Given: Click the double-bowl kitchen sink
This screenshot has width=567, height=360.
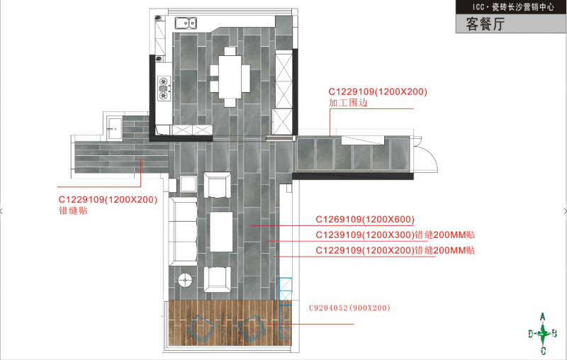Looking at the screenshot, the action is coord(186,23).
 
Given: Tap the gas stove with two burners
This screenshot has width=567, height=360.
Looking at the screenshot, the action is coord(164,88).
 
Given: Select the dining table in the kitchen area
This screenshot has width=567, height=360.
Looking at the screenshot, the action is coord(230,77).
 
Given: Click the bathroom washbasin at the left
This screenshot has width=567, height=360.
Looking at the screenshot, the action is coord(115,128).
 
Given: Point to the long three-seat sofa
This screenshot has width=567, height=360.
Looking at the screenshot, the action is coord(184,231).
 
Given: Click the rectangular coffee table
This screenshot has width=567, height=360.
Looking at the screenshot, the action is coord(221,232).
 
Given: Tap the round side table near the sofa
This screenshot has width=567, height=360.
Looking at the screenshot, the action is coord(185,280).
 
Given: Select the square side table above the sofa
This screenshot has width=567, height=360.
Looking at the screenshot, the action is coord(189,184).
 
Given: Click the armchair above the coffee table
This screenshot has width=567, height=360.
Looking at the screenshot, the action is coord(218,185).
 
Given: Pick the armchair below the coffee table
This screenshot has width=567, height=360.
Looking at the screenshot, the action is coord(218,279).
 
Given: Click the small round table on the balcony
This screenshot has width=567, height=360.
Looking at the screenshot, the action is coord(226,323).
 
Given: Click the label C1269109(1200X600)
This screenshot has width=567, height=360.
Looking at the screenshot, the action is coord(365,220).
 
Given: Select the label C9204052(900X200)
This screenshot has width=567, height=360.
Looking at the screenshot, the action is coord(349,308).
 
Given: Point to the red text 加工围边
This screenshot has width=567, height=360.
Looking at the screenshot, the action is coord(348,103).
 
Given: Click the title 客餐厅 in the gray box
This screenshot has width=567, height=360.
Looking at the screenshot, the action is coord(485,24).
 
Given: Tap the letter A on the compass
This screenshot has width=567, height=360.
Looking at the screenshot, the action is coord(542,317).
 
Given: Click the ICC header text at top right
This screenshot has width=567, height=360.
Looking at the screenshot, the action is coord(513,7).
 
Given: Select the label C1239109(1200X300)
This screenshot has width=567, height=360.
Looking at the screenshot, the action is coord(365,235).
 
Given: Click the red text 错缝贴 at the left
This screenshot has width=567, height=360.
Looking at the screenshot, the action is coord(73,210).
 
